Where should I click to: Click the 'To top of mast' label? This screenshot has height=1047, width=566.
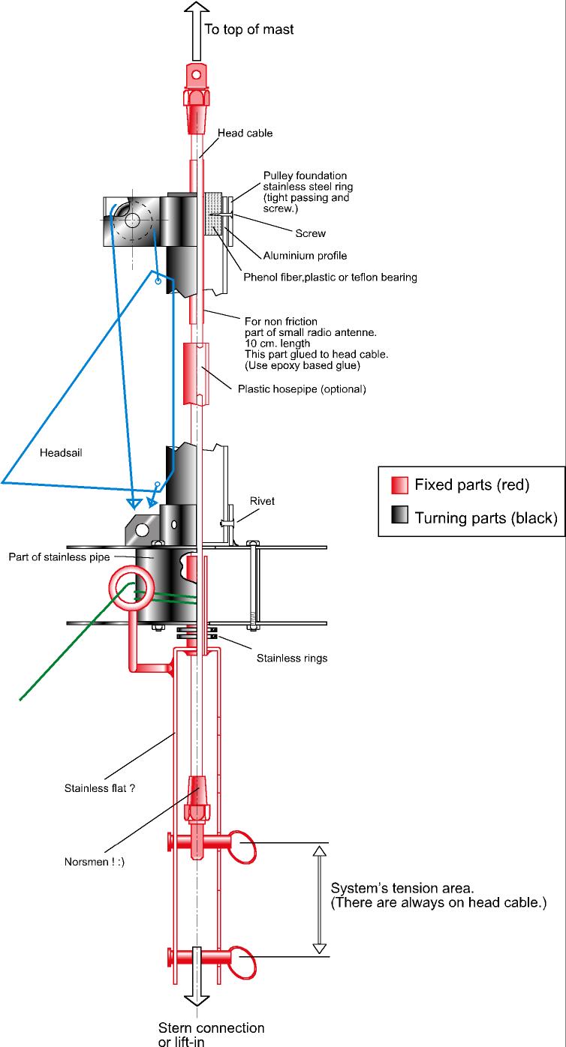[x=249, y=29]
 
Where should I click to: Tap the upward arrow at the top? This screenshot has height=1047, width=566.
[x=197, y=31]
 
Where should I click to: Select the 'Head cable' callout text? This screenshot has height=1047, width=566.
[x=245, y=133]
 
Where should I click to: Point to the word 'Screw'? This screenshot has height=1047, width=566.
[x=310, y=233]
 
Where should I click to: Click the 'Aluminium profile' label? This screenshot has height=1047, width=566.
[x=305, y=256]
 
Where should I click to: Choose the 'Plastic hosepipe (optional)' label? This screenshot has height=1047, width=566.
[x=302, y=389]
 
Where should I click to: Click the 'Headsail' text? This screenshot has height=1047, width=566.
[x=61, y=452]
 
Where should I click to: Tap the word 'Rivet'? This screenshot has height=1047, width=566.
[x=262, y=501]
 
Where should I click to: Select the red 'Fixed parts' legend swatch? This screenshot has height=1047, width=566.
[x=400, y=485]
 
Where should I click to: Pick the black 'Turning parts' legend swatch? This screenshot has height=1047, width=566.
[x=400, y=514]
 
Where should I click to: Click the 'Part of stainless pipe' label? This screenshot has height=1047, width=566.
[x=59, y=557]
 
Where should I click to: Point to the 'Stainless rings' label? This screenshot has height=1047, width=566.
[x=292, y=658]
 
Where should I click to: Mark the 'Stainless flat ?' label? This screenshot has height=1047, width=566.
[x=100, y=788]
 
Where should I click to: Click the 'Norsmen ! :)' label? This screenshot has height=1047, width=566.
[x=95, y=862]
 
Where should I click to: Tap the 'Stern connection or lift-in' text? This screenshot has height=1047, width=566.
[x=211, y=1034]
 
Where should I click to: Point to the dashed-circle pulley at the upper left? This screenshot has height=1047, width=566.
[x=133, y=220]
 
